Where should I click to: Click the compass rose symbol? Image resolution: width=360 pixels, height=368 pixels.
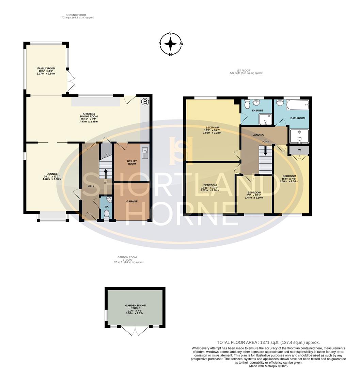[171, 44]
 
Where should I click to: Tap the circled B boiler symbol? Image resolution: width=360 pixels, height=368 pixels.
[145, 102]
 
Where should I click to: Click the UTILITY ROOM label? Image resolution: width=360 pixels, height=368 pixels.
[131, 162]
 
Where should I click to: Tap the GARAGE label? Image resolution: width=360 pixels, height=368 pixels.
[132, 201]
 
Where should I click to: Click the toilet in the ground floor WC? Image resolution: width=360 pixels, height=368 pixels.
[106, 214]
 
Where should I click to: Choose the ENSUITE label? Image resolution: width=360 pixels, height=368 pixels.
[257, 110]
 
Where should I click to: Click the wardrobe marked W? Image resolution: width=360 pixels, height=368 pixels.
[299, 150]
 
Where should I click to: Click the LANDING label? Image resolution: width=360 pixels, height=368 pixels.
[258, 135]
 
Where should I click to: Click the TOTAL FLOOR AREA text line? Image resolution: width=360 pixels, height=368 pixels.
[268, 342]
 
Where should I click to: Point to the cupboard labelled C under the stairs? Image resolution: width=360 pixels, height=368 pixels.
[107, 154]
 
